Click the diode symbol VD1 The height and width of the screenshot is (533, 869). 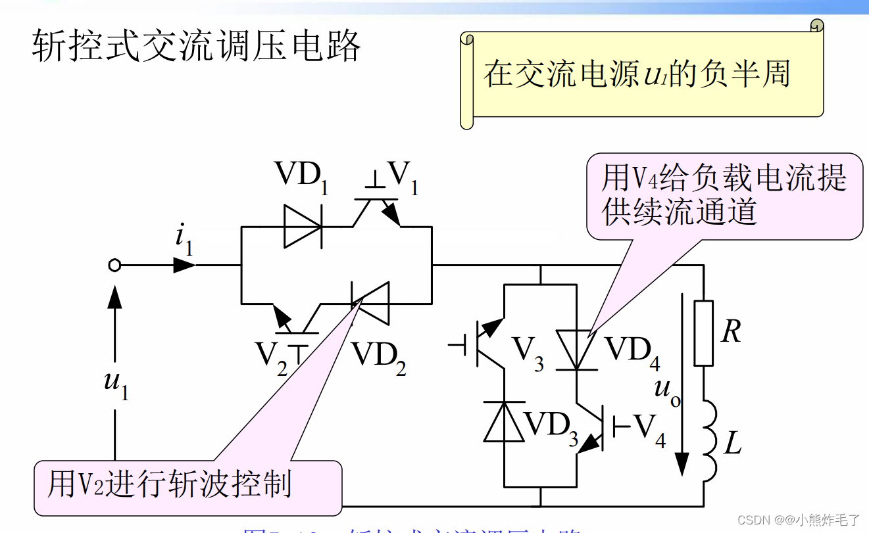[x=303, y=227]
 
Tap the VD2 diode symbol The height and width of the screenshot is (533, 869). [x=369, y=303]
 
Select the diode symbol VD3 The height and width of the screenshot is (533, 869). [x=504, y=421]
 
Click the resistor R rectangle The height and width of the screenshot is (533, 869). [x=704, y=333]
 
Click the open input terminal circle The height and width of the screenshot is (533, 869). [x=114, y=266]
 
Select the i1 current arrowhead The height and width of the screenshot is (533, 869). [x=185, y=266]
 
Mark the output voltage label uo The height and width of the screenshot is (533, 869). [x=666, y=392]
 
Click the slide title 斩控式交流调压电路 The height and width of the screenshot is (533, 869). [x=197, y=47]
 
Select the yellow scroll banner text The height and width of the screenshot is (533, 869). [x=637, y=74]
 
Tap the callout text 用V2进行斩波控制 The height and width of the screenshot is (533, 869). [x=169, y=485]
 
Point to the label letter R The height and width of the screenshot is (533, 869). [x=731, y=332]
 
